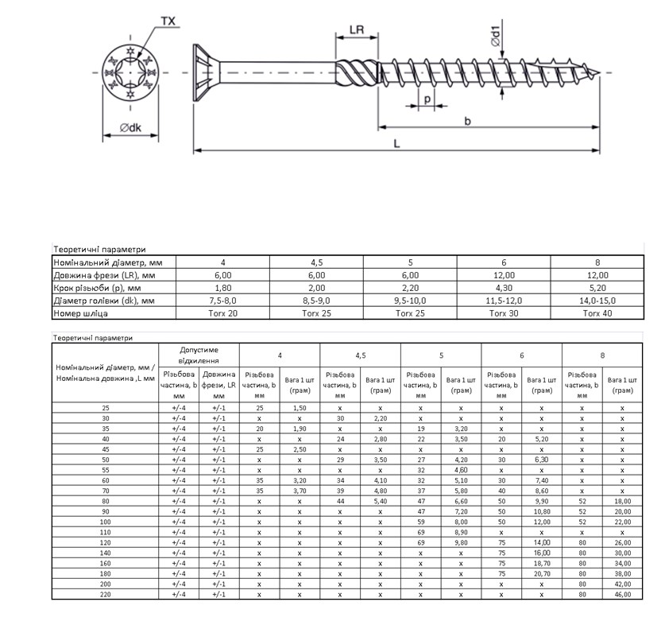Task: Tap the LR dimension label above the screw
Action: [357, 30]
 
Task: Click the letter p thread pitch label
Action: [427, 99]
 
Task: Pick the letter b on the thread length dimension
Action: [467, 121]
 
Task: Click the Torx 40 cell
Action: [597, 313]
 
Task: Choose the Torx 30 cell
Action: [503, 313]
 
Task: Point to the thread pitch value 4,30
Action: [503, 288]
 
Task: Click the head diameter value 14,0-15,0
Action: [597, 301]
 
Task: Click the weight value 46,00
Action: [622, 593]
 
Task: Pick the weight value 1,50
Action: [299, 407]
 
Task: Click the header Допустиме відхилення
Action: [199, 354]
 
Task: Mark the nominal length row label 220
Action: [105, 593]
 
